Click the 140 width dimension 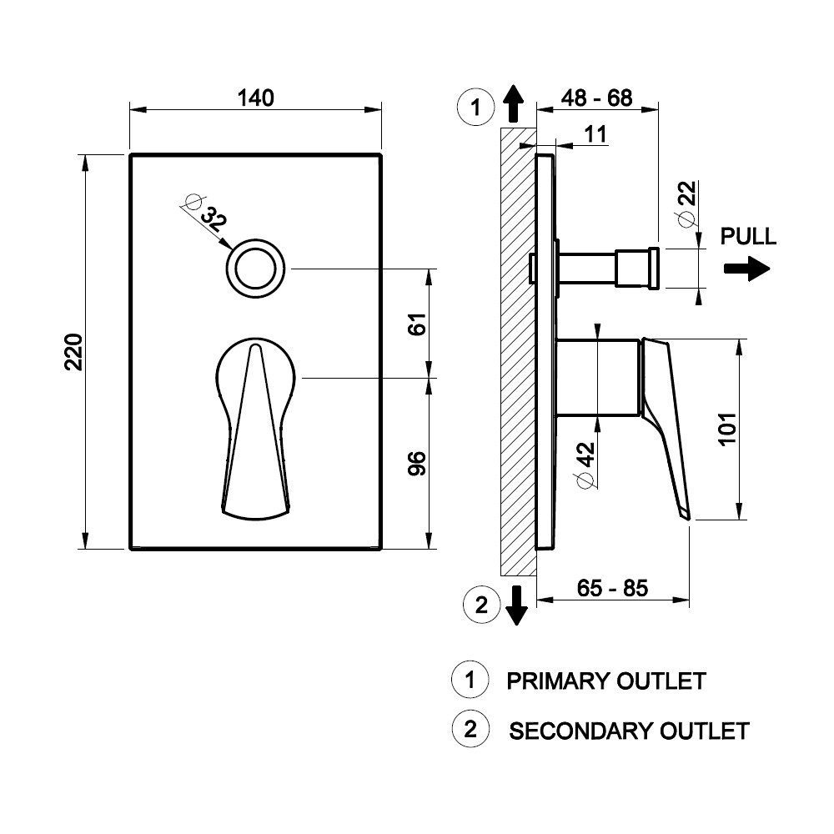[x=256, y=98]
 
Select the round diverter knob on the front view [x=255, y=269]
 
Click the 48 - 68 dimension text [x=596, y=98]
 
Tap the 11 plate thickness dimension [x=595, y=133]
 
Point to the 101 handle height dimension [x=726, y=430]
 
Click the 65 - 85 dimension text [x=612, y=588]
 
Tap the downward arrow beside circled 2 [x=517, y=605]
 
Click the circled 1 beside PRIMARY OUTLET [x=470, y=680]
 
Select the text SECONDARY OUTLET [x=629, y=731]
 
